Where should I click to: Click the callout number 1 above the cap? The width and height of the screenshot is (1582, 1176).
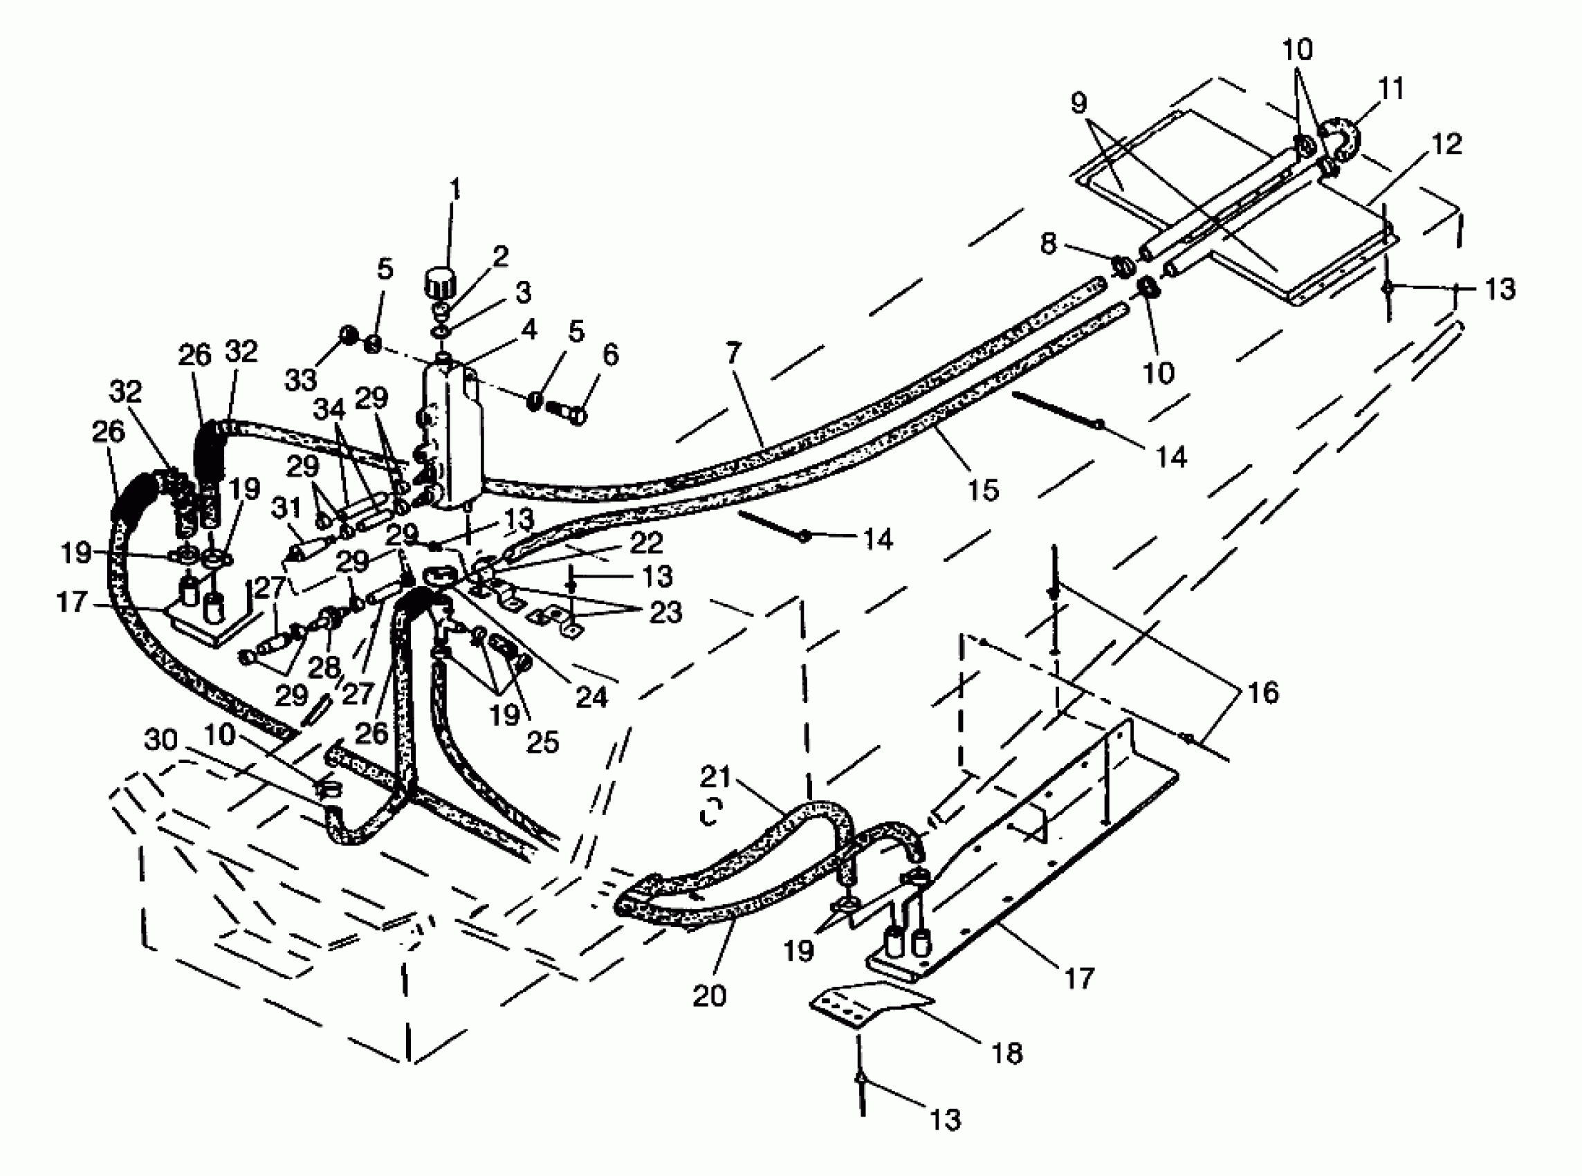(x=454, y=190)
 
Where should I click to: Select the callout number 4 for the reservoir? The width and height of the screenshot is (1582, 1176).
(x=528, y=330)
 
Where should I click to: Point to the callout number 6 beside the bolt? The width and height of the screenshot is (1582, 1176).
(x=611, y=354)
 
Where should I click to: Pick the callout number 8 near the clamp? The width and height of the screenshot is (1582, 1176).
(x=1048, y=244)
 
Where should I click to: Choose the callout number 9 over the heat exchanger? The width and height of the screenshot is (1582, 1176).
(x=1079, y=104)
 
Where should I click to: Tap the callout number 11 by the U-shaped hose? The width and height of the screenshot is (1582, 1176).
(x=1390, y=89)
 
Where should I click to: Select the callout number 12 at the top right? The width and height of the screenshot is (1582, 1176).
(x=1447, y=145)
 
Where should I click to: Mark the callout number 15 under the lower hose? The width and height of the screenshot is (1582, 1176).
(x=983, y=490)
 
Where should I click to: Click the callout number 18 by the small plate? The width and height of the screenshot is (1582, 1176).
(x=1007, y=1053)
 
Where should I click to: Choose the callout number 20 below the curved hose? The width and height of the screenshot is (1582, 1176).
(x=709, y=995)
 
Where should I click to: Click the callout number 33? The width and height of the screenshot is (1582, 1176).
(x=300, y=380)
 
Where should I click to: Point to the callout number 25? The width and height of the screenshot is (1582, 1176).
(x=542, y=742)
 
